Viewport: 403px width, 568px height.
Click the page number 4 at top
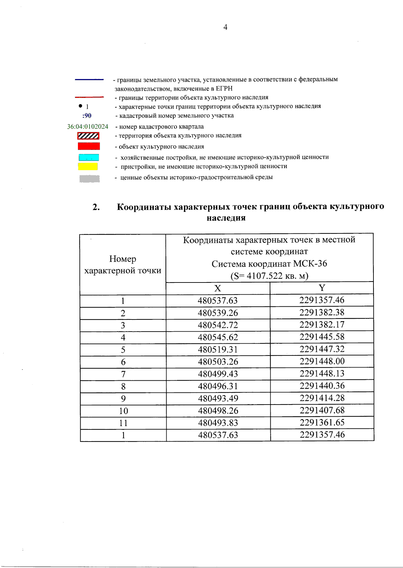click(x=225, y=27)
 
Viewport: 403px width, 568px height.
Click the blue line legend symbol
click(x=89, y=80)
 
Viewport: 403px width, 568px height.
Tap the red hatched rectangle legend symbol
click(x=88, y=136)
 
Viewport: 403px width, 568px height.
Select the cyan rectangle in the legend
click(x=89, y=157)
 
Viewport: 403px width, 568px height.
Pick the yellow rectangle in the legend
click(x=88, y=166)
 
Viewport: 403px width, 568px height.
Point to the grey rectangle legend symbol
click(x=89, y=179)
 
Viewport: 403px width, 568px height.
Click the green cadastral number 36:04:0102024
click(x=88, y=127)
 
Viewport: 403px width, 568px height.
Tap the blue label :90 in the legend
click(x=87, y=116)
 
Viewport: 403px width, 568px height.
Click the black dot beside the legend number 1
click(x=80, y=106)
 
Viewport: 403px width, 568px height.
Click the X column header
click(x=218, y=289)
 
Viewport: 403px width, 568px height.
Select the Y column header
click(x=322, y=288)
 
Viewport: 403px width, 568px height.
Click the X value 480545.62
click(x=218, y=337)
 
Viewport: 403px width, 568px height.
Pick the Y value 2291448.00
click(x=322, y=361)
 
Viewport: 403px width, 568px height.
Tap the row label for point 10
click(x=123, y=411)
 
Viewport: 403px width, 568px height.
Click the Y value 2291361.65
click(x=322, y=422)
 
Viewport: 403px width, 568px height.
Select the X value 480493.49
click(x=218, y=399)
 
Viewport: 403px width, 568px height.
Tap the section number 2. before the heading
click(x=96, y=207)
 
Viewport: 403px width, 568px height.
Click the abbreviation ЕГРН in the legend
click(x=224, y=89)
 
